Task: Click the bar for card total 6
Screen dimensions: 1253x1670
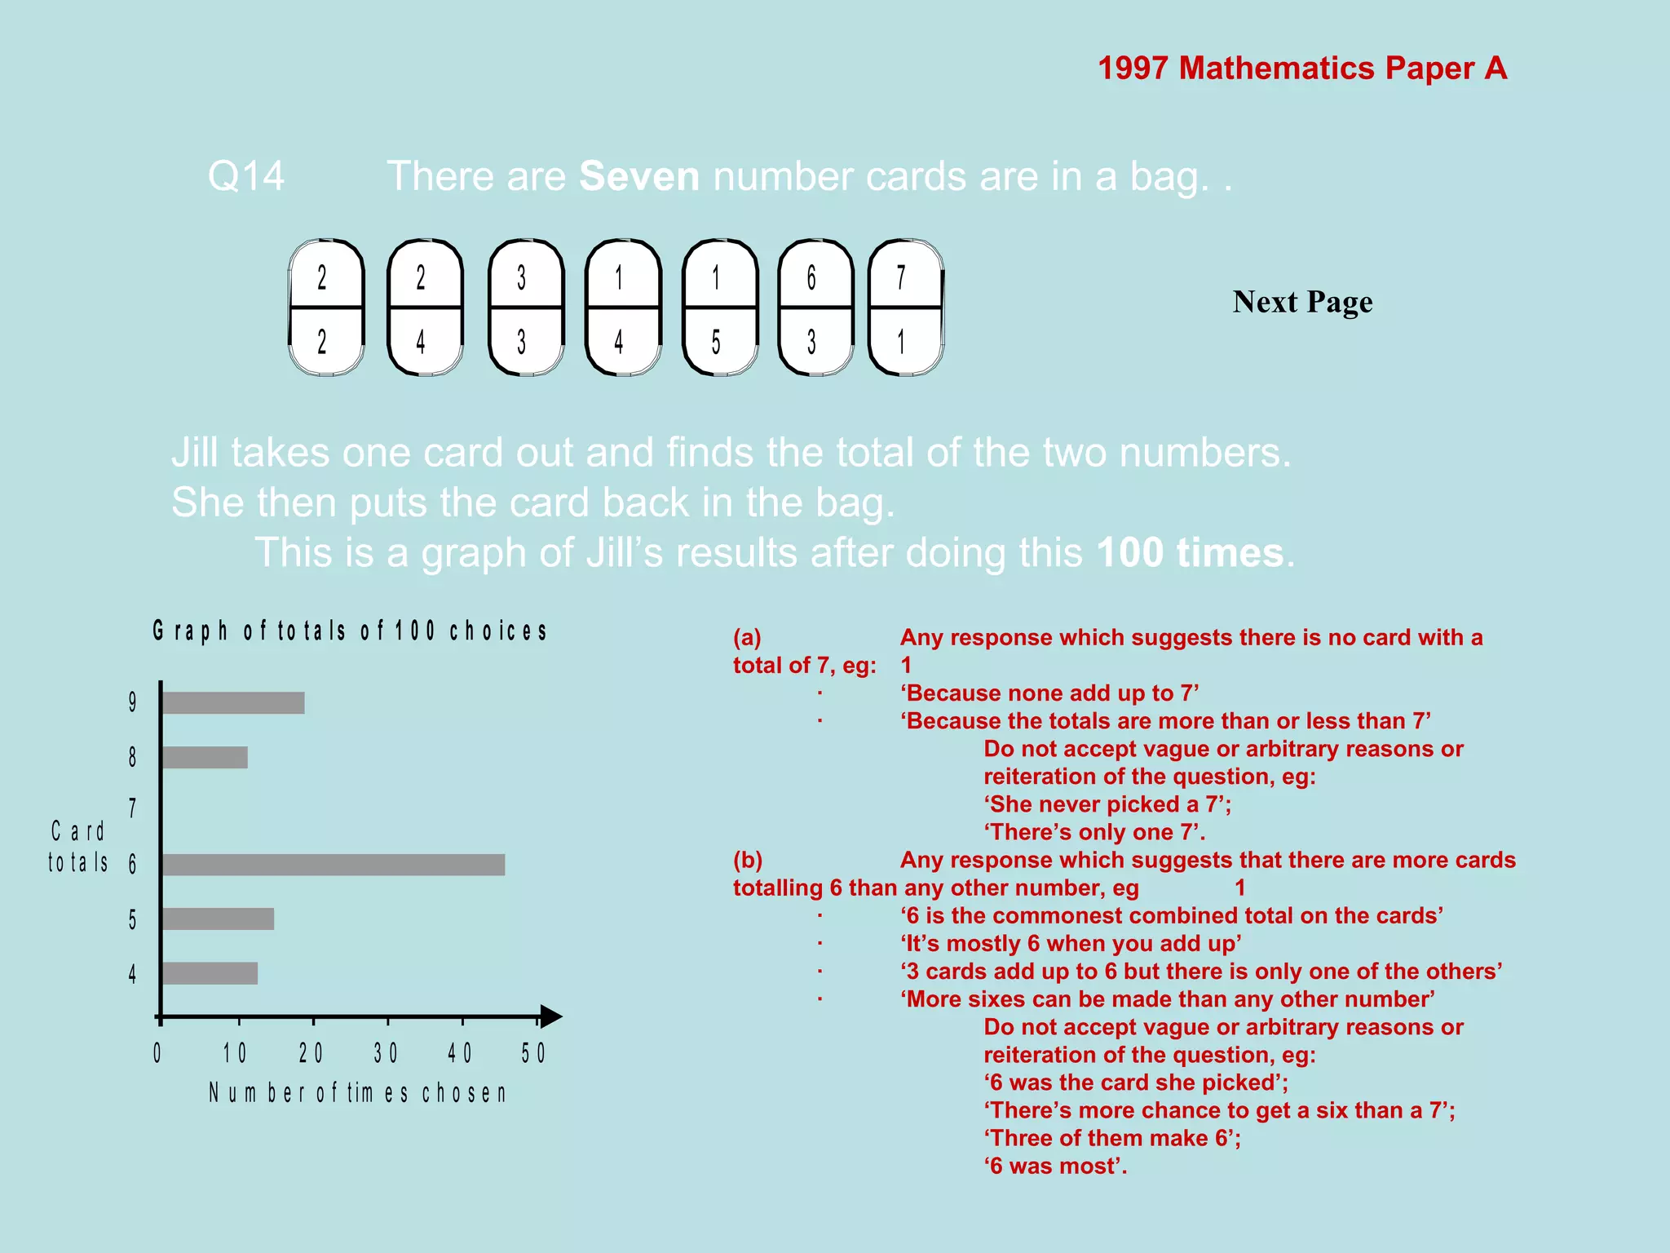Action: pyautogui.click(x=333, y=865)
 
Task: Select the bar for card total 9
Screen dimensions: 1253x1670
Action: pyautogui.click(x=233, y=703)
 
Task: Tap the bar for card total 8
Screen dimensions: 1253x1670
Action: pyautogui.click(x=205, y=757)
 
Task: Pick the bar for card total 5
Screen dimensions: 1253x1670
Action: pyautogui.click(x=218, y=919)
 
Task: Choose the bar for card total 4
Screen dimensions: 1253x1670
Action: pyautogui.click(x=210, y=973)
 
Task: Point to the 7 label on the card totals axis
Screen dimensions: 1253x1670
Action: pyautogui.click(x=132, y=808)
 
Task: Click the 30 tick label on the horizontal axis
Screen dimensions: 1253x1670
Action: pyautogui.click(x=386, y=1053)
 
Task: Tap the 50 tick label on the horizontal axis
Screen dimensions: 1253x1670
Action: pyautogui.click(x=533, y=1053)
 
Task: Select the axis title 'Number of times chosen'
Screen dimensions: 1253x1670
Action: pyautogui.click(x=358, y=1093)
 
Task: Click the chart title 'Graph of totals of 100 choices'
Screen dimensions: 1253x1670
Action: pyautogui.click(x=350, y=631)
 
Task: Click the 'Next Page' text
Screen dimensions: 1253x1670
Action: pyautogui.click(x=1302, y=302)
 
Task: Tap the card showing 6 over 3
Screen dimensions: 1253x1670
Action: pyautogui.click(x=815, y=308)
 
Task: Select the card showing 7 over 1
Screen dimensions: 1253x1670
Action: pyautogui.click(x=905, y=308)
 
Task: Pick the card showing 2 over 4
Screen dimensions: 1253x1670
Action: pyautogui.click(x=425, y=308)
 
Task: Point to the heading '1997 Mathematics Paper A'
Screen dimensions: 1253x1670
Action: pyautogui.click(x=1301, y=69)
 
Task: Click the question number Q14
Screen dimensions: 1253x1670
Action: pyautogui.click(x=246, y=176)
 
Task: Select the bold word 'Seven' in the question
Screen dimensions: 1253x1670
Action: pyautogui.click(x=638, y=176)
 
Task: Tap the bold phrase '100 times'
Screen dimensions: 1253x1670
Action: pyautogui.click(x=1190, y=553)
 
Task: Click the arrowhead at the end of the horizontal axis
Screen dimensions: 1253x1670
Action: pyautogui.click(x=551, y=1016)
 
